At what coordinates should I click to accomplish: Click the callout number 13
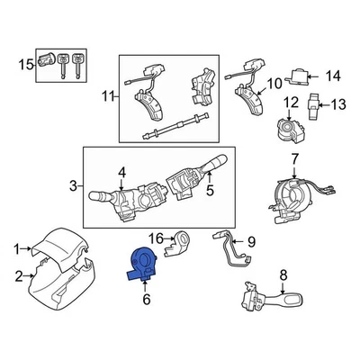coord(338,104)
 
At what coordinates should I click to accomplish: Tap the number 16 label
coord(154,238)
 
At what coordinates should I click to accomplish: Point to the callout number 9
coord(251,240)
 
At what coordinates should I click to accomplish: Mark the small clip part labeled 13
coord(315,105)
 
